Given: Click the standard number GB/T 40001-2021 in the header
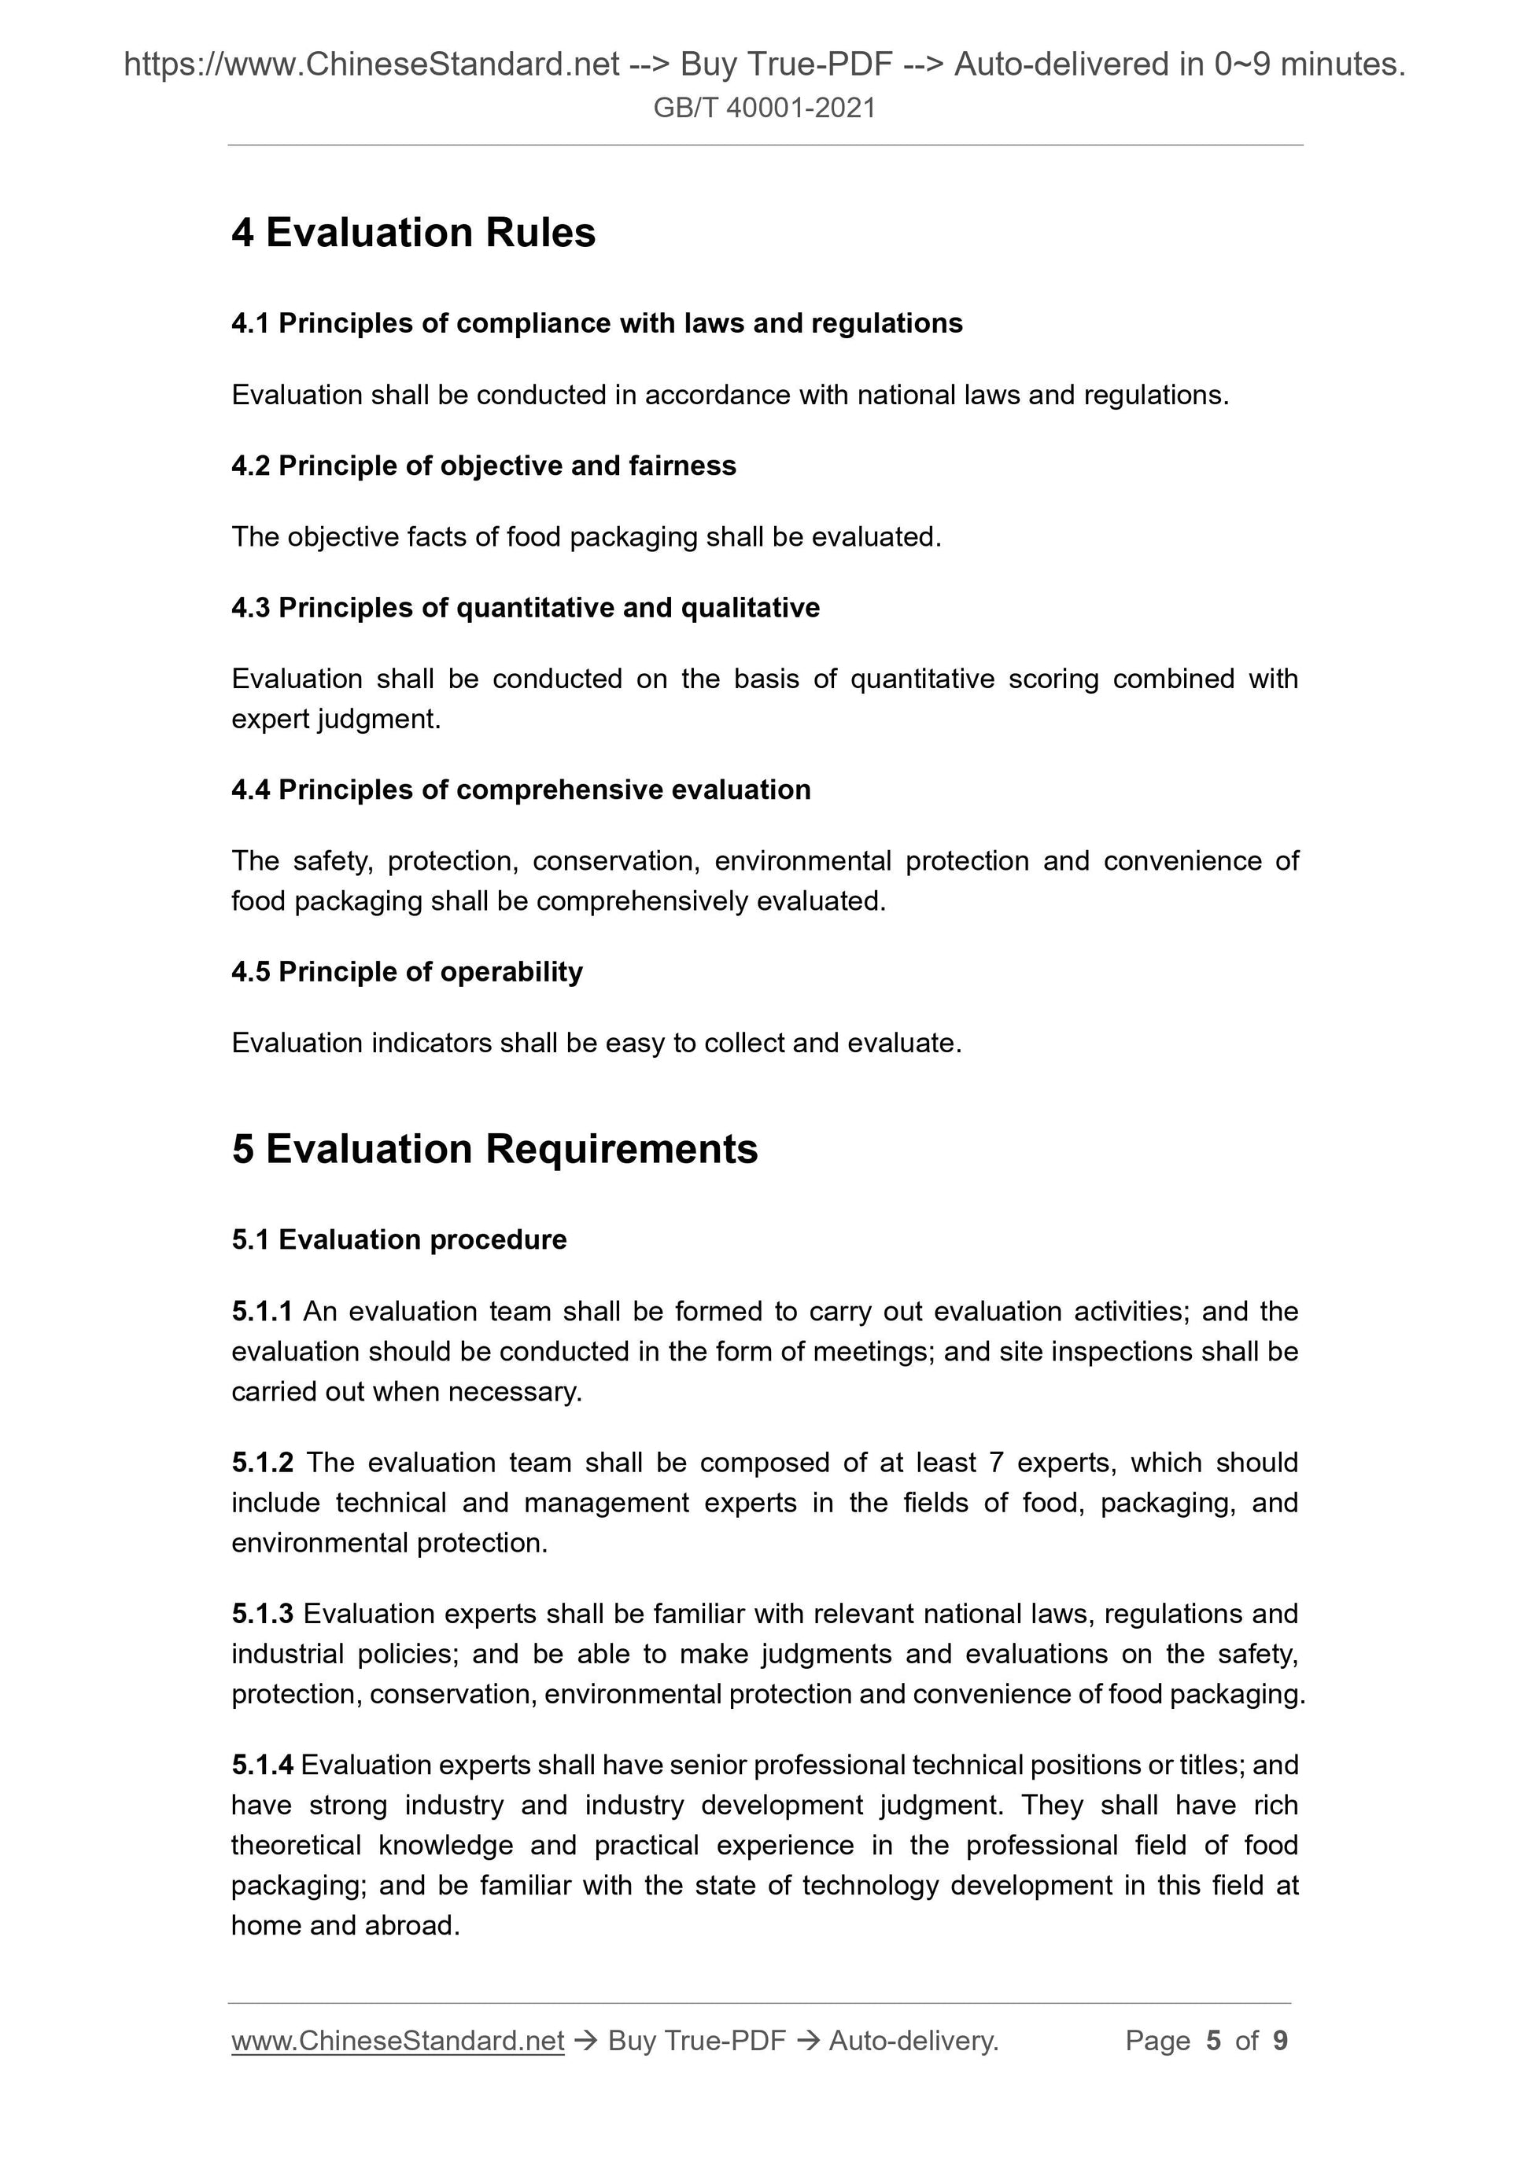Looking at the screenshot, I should [764, 109].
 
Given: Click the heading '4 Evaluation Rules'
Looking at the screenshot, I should [413, 233].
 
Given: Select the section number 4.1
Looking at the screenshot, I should [250, 323].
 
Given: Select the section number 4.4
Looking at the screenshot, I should [250, 790].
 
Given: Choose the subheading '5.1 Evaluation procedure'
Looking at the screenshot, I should [399, 1240].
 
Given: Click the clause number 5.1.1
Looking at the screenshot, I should [261, 1312].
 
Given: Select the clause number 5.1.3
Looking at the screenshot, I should [262, 1614].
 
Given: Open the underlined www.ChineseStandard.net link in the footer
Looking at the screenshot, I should [397, 2041].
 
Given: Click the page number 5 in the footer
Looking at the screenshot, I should [1213, 2041].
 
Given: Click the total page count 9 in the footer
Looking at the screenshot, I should [1280, 2041].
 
